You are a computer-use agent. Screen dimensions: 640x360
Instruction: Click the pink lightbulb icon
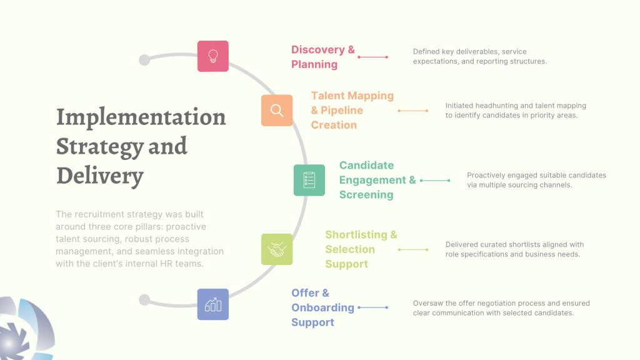pos(213,56)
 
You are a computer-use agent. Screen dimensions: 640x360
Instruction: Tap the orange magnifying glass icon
pos(277,111)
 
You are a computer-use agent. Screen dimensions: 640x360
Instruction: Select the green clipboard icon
pos(309,181)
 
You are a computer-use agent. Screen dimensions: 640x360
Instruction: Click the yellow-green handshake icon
pos(277,249)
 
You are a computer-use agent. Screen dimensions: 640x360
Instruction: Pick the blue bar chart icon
pos(213,304)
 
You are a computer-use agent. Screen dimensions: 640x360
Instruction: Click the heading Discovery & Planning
pos(323,57)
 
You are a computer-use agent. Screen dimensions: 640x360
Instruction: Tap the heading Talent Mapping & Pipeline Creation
pos(352,110)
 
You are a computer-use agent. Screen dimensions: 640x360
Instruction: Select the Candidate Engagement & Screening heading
pos(377,180)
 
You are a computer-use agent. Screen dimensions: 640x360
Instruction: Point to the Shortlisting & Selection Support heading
pos(361,249)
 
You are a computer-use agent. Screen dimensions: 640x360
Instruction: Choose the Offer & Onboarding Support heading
pos(322,307)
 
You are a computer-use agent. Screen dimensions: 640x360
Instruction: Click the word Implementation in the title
pos(141,117)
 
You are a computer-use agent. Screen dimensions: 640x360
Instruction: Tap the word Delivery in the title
pos(99,176)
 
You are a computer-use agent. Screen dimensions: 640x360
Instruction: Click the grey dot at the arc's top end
pos(144,60)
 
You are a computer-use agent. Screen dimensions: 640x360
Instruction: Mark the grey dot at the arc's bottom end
pos(144,300)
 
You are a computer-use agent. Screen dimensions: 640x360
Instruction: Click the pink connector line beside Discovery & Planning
pos(372,57)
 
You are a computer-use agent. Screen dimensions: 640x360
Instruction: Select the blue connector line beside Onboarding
pos(372,307)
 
